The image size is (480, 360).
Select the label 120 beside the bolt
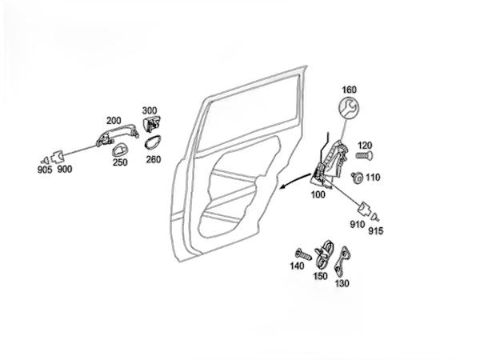(365, 137)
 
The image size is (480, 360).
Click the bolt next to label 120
(362, 150)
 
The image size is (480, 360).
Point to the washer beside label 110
(357, 177)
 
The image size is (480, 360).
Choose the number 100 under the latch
(318, 194)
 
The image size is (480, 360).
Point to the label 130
(342, 283)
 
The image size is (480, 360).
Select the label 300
(150, 111)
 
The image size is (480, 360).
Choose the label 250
(120, 163)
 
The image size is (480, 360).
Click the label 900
(64, 170)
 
